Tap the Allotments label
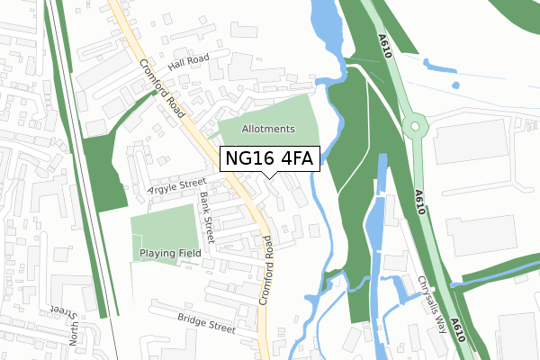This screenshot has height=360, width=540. (267, 130)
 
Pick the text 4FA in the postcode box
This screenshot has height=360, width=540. (295, 159)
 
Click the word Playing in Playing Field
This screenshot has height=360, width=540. (157, 255)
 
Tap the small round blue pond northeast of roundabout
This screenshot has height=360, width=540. (455, 85)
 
